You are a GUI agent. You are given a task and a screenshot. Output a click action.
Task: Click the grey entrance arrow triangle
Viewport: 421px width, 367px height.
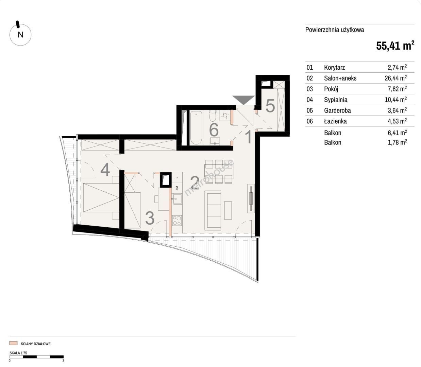point(243,100)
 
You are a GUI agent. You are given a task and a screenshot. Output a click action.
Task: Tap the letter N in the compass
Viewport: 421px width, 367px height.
point(20,35)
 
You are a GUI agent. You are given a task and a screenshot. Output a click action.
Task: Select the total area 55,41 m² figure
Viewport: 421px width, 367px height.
point(395,46)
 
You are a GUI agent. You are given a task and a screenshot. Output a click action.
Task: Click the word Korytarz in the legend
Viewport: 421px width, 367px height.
point(334,67)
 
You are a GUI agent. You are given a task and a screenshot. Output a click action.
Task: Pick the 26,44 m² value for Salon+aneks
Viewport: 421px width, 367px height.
point(396,78)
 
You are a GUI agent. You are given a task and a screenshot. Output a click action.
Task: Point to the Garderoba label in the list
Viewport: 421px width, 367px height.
point(337,110)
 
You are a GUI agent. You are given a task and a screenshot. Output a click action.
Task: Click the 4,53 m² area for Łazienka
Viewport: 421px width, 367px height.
point(397,121)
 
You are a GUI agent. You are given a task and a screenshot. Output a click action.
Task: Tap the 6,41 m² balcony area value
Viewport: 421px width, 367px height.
point(397,133)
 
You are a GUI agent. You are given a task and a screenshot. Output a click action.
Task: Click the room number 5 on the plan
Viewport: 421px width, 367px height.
point(270,106)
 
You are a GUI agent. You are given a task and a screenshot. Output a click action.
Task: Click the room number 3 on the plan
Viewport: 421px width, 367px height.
point(150,218)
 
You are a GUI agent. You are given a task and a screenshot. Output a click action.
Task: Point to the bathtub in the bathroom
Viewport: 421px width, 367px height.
point(196,128)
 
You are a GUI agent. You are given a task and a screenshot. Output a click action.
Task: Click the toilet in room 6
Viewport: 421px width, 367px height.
point(213,116)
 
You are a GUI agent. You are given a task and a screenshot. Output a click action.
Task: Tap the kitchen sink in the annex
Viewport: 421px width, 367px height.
point(177,199)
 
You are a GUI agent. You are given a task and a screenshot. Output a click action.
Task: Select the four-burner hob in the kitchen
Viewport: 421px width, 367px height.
point(177,221)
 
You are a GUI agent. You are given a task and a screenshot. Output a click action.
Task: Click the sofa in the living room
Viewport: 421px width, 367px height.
point(213,210)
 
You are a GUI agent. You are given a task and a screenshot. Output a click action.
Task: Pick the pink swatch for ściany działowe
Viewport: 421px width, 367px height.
point(13,343)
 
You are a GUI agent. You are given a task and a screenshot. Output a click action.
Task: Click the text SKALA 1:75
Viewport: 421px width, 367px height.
point(18,353)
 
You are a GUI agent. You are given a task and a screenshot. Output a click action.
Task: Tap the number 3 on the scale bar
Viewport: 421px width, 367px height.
point(63,361)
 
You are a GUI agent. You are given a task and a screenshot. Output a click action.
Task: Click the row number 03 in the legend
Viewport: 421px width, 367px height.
point(310,89)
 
